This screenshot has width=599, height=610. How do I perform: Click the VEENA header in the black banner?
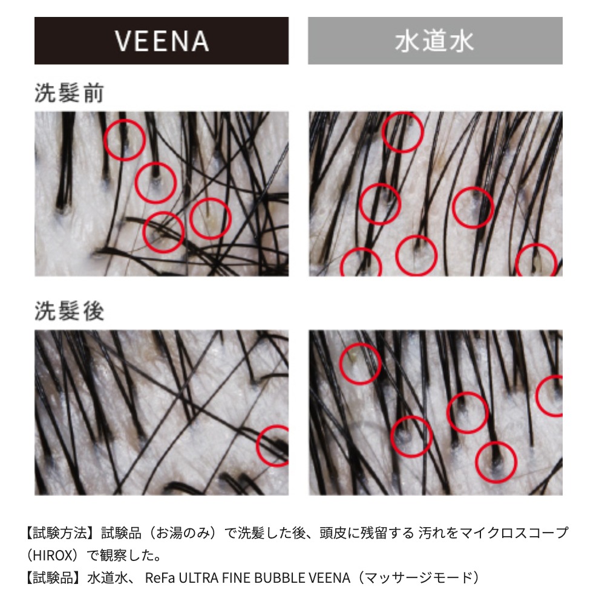point(162,41)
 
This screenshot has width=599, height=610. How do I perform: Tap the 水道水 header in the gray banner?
point(434,41)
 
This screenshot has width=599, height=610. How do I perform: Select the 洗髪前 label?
point(69,93)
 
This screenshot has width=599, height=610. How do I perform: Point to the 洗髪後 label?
point(69,311)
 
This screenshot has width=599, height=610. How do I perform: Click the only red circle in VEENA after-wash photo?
point(258,446)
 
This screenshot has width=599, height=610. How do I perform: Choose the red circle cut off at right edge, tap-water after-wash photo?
point(537,396)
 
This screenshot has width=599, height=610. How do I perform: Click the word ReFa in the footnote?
point(160,578)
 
